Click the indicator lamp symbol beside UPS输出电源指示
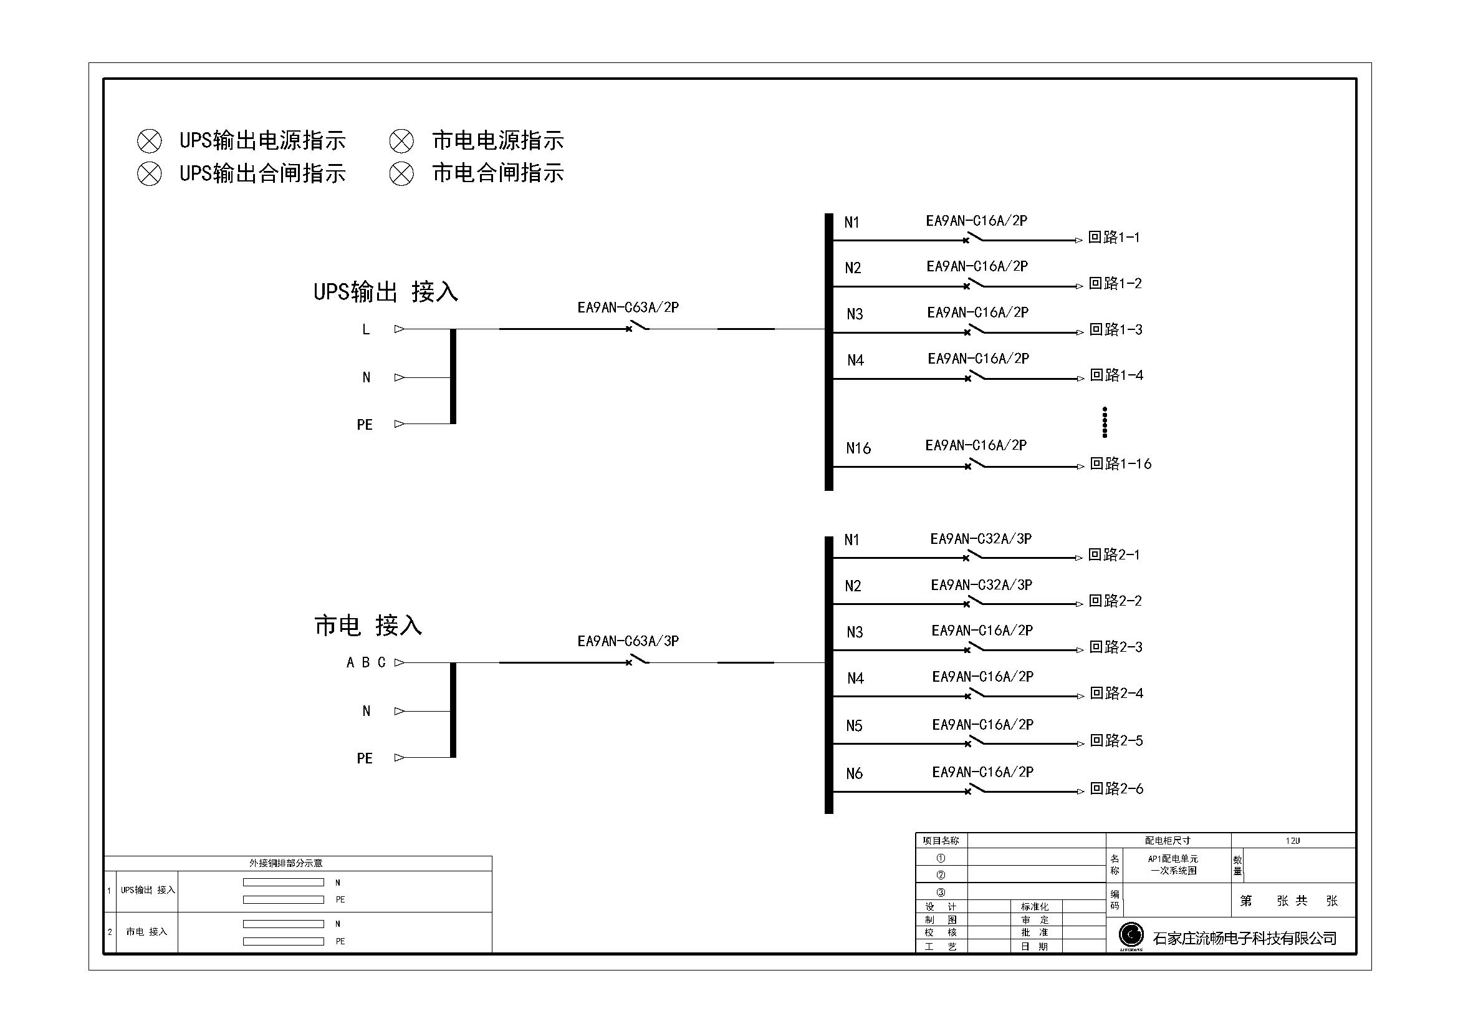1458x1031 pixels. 149,140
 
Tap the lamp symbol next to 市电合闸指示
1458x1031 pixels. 401,173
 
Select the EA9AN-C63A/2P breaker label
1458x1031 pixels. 628,307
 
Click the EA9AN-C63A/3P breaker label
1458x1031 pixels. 628,641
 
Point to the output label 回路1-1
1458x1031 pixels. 1114,238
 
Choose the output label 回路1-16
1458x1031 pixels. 1120,463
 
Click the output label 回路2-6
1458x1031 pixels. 1116,788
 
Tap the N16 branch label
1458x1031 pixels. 858,448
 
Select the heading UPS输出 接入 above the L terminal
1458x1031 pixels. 385,293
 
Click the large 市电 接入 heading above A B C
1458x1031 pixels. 368,626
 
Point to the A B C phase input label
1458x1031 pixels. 366,662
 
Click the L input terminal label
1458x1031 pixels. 366,329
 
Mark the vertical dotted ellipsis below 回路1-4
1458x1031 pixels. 1105,422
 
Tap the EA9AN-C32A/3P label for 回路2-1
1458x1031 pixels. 981,539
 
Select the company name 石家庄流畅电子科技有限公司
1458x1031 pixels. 1245,938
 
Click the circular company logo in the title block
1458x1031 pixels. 1131,934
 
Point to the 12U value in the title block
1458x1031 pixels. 1292,840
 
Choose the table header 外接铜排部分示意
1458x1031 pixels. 285,863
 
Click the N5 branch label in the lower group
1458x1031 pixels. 854,725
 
